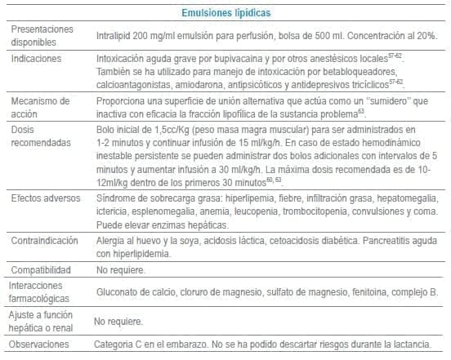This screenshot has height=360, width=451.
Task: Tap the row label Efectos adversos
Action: (45, 200)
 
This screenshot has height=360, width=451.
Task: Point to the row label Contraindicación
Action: (45, 241)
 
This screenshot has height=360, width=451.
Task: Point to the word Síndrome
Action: (116, 200)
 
